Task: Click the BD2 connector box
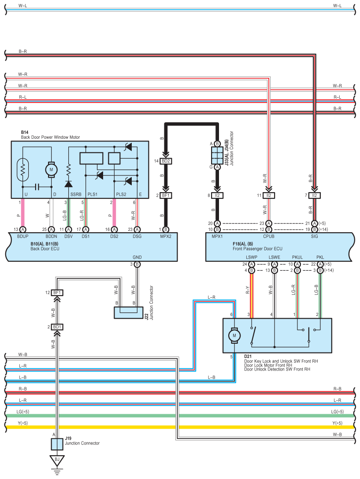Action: click(x=166, y=161)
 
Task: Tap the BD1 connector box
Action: click(x=57, y=327)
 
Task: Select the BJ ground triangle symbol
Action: click(x=57, y=460)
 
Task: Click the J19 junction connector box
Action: click(x=57, y=444)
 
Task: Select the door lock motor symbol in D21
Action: click(x=234, y=335)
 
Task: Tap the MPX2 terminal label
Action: click(x=166, y=237)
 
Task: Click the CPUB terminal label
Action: click(x=269, y=237)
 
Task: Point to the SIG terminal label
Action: click(x=315, y=237)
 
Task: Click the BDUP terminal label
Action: click(x=22, y=237)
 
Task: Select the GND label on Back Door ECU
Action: click(x=137, y=257)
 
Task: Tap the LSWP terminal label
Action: click(x=252, y=257)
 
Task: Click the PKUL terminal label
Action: click(x=297, y=257)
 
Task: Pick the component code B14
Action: click(x=24, y=132)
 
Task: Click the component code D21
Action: click(x=248, y=356)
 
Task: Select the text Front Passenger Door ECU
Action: click(x=257, y=249)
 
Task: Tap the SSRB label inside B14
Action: click(x=76, y=194)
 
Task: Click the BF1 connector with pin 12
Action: click(x=57, y=293)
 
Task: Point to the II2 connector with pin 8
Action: click(x=217, y=195)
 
